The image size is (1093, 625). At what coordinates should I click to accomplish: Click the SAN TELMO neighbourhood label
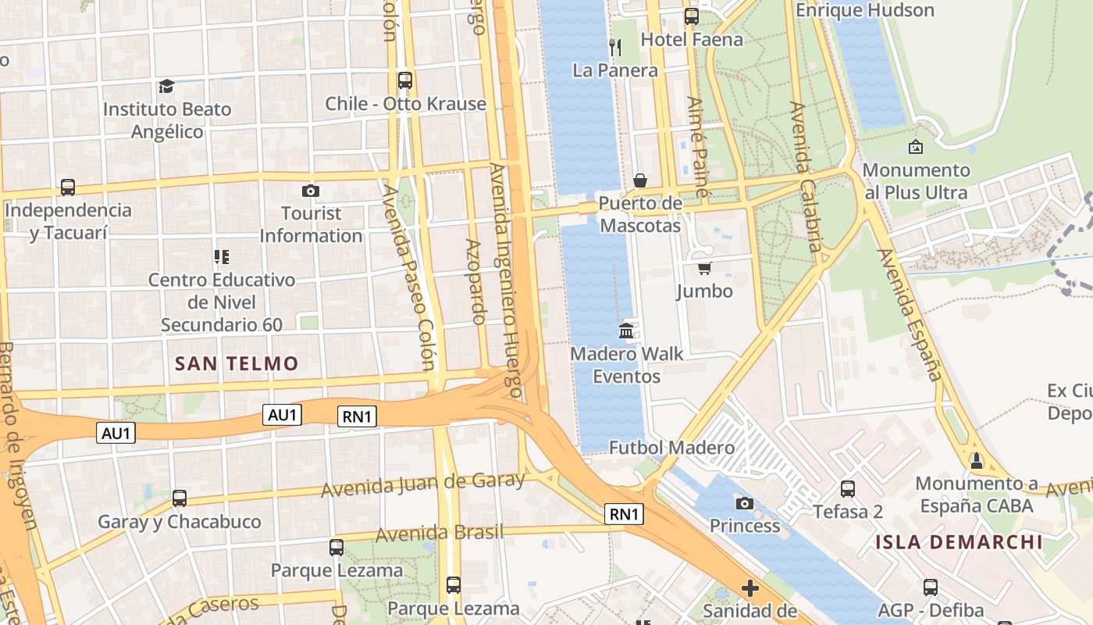click(237, 363)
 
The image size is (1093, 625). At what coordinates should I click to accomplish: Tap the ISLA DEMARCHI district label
click(959, 542)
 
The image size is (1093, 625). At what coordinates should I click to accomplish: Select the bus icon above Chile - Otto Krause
click(404, 80)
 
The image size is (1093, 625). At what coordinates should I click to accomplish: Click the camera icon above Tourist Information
click(310, 191)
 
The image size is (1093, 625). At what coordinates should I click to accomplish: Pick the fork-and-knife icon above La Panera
click(615, 47)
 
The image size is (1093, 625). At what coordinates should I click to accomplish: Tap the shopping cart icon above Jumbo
click(704, 269)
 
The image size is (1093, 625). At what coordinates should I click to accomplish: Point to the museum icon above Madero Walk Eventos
click(626, 331)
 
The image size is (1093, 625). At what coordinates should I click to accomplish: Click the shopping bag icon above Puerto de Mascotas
click(639, 181)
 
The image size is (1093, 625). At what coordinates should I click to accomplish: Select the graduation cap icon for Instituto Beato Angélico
click(166, 86)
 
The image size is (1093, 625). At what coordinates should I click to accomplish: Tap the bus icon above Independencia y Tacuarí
click(68, 187)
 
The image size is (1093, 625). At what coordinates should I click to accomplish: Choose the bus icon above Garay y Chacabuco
click(179, 498)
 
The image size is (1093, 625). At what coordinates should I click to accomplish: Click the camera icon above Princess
click(744, 503)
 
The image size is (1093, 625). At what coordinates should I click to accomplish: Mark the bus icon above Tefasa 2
click(847, 489)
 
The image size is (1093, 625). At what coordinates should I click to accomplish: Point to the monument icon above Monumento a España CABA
click(975, 461)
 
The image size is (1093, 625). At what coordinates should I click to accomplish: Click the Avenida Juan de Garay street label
click(422, 485)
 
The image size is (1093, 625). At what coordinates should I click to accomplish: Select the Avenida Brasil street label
click(440, 534)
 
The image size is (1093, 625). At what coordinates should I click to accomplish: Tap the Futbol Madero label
click(671, 448)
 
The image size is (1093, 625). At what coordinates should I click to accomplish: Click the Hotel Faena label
click(692, 39)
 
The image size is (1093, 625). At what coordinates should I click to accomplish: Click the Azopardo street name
click(475, 281)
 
